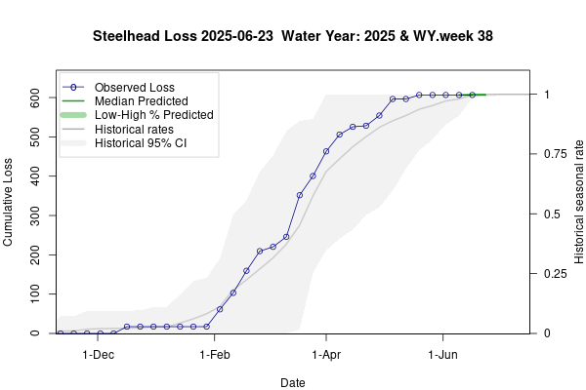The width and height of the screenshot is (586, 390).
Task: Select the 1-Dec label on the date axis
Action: [x=99, y=356]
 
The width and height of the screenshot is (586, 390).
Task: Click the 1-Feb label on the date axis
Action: [x=213, y=356]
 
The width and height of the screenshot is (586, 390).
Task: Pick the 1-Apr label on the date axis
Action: [x=326, y=356]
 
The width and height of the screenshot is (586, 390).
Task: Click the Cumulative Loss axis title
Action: [x=10, y=199]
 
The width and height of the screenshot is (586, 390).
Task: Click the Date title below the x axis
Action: [x=292, y=383]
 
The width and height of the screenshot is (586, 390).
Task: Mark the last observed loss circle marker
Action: [x=473, y=95]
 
